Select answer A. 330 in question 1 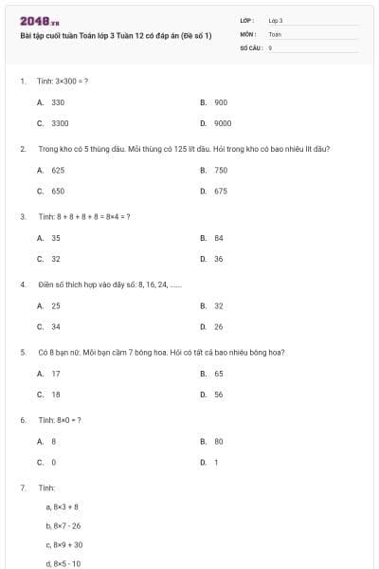(x=51, y=101)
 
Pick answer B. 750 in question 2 (x=214, y=170)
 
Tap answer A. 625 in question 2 (x=51, y=170)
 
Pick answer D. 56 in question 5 (x=212, y=395)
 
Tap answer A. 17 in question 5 (x=49, y=374)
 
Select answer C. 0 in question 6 (x=47, y=462)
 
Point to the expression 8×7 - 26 (x=63, y=525)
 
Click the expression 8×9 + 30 (x=64, y=544)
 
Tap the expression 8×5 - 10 (x=63, y=563)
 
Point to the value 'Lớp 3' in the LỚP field (x=276, y=20)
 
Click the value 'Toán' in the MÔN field (x=275, y=33)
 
